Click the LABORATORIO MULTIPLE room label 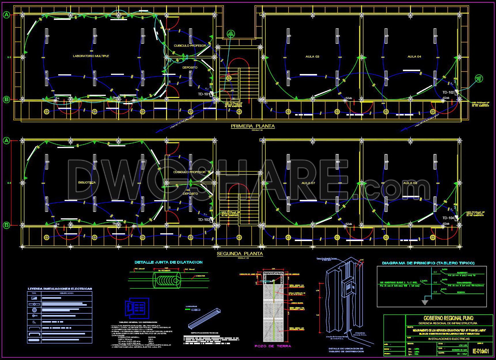91,56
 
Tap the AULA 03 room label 312,57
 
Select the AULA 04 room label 414,57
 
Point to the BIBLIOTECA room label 87,183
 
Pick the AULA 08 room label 410,183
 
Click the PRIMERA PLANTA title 252,126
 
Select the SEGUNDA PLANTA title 240,254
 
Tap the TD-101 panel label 204,94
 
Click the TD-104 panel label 448,218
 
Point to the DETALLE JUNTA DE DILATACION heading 168,262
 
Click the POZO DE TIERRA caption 273,346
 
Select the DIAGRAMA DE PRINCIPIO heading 428,263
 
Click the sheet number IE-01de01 481,351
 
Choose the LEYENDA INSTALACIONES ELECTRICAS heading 60,289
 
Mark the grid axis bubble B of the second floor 6,225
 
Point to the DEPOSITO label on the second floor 190,194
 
